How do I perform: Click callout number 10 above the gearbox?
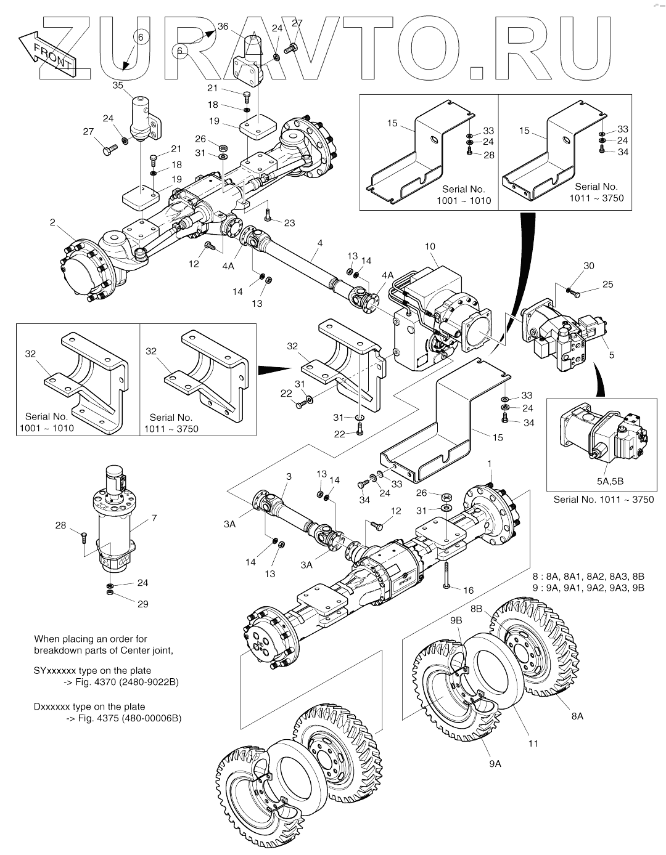(430, 246)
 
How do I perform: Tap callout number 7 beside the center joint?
(154, 519)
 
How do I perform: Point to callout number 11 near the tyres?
(533, 744)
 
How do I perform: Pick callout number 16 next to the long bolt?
(468, 590)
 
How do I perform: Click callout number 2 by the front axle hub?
(53, 222)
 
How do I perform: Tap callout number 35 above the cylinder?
(118, 86)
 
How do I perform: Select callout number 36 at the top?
(223, 26)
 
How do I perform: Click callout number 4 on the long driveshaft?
(319, 243)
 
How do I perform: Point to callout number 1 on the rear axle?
(489, 463)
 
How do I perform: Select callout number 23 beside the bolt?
(289, 223)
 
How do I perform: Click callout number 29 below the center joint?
(142, 604)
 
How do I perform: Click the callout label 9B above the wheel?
(456, 622)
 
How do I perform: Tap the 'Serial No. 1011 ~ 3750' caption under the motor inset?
(603, 500)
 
